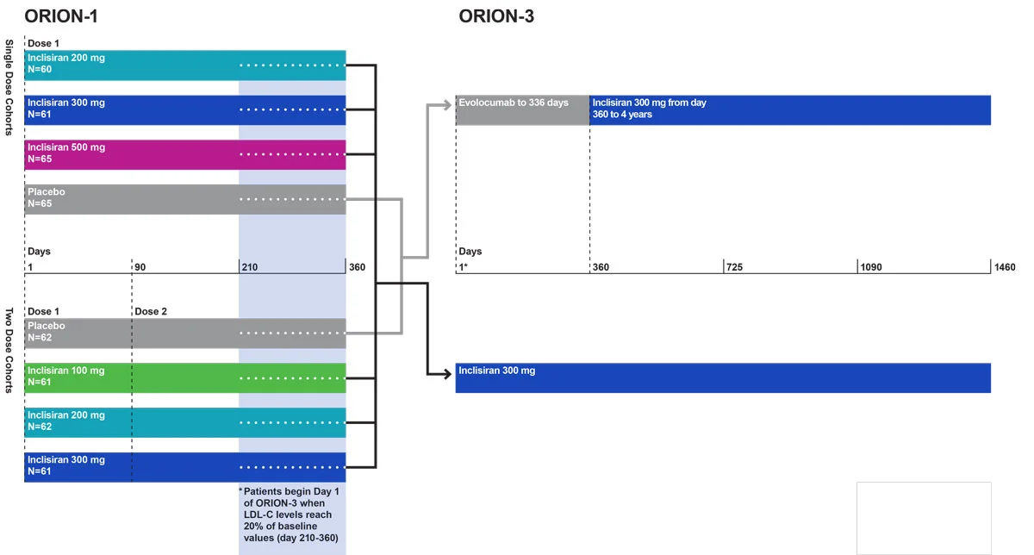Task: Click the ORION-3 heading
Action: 496,16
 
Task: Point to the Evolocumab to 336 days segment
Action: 522,109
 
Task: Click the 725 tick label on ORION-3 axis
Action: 735,267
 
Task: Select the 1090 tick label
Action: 870,267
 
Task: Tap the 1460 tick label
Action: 1005,267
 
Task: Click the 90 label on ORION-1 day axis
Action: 140,267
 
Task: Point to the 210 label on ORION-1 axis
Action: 250,267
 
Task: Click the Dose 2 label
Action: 151,311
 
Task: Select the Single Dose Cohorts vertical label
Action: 9,87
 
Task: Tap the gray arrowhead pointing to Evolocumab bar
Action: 448,105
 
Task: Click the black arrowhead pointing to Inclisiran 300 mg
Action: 448,374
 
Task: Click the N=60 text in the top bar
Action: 40,68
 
